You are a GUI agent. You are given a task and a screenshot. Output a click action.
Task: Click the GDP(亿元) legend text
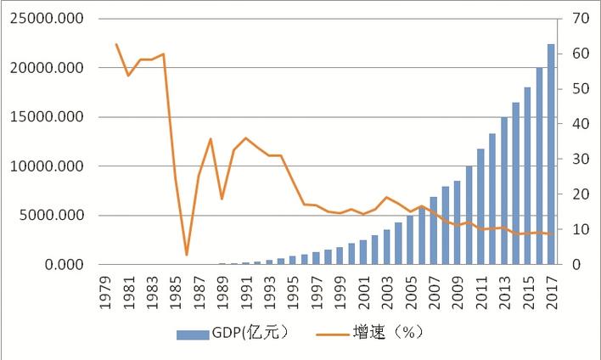(x=255, y=333)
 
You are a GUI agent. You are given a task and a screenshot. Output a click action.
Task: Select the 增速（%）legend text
(x=387, y=333)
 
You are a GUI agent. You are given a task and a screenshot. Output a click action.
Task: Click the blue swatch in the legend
(x=197, y=334)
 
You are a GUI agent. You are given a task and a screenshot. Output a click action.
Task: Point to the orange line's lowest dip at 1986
(x=187, y=255)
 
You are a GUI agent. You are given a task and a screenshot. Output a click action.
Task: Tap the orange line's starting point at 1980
(x=116, y=44)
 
